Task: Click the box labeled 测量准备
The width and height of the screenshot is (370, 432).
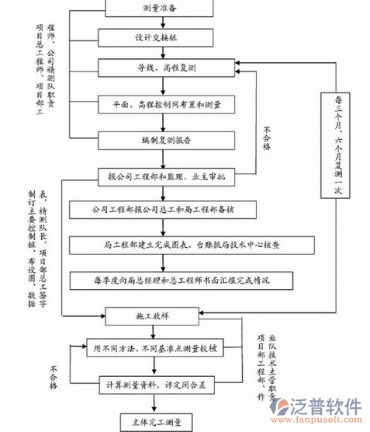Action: [x=161, y=8]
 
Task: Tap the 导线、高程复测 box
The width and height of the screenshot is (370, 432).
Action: [x=161, y=68]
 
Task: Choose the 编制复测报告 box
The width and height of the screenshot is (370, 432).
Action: [x=161, y=141]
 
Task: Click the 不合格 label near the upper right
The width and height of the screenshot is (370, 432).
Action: [x=268, y=144]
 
